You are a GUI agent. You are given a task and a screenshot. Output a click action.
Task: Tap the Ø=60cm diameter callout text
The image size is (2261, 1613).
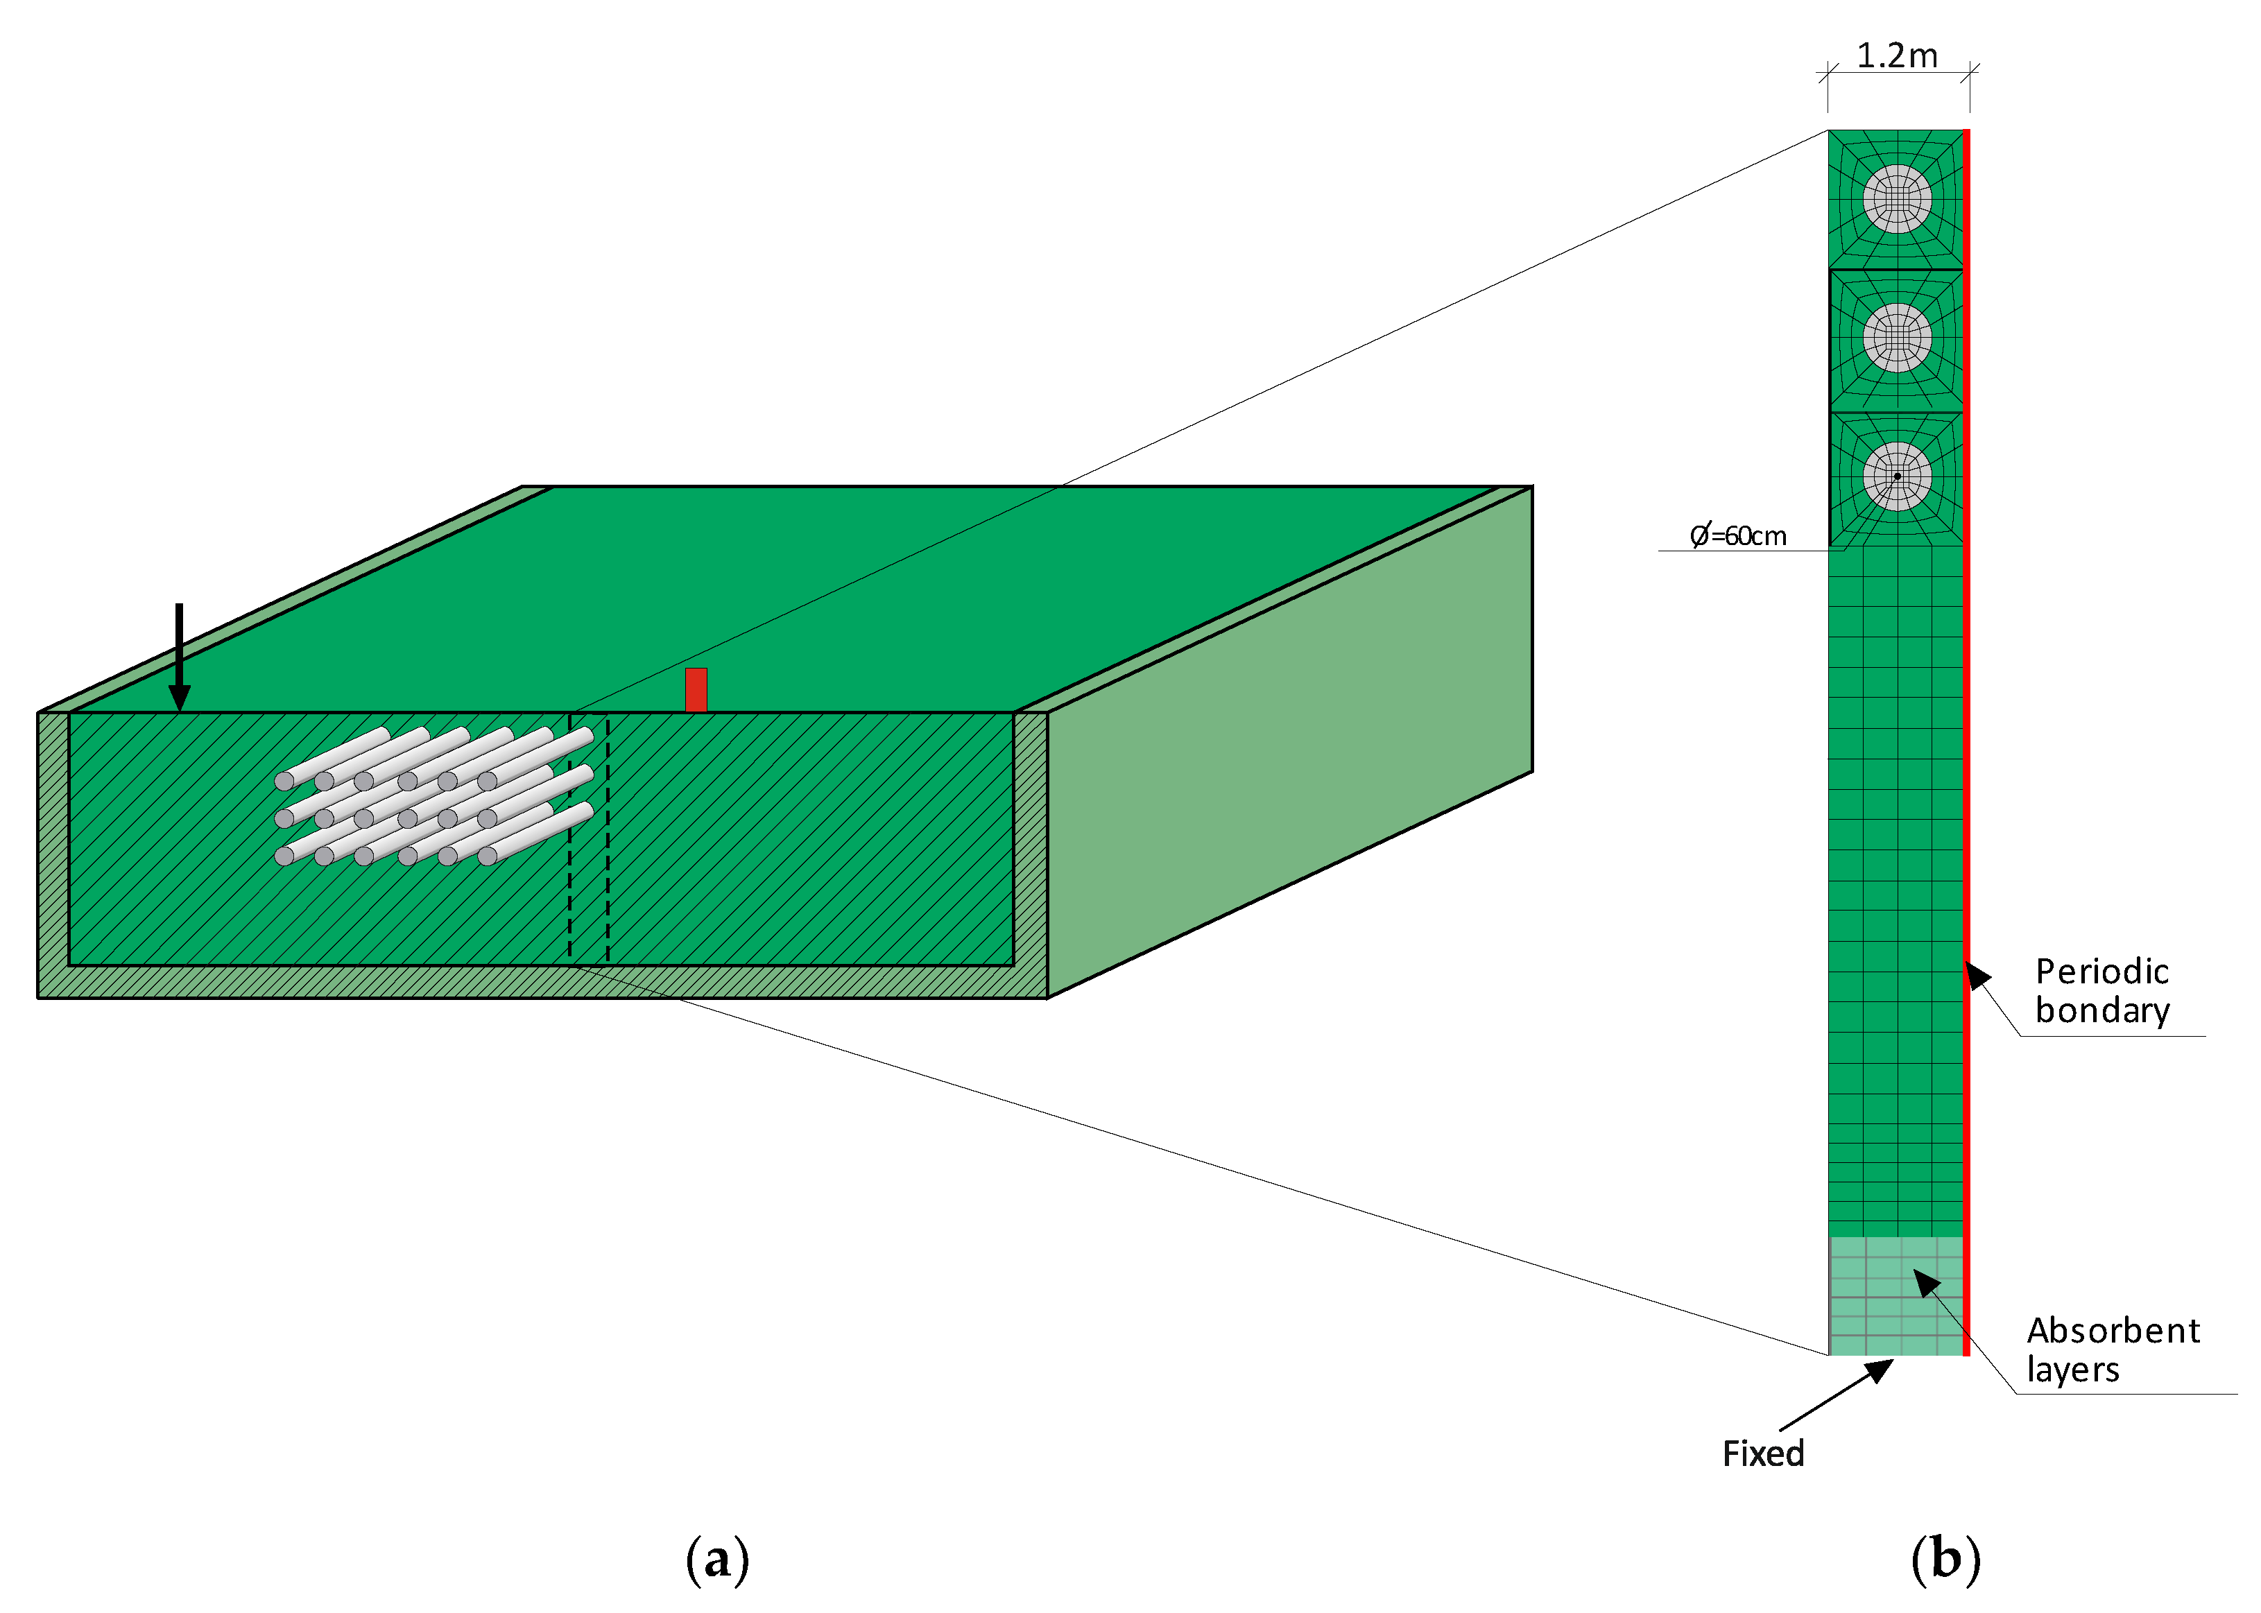point(1739,536)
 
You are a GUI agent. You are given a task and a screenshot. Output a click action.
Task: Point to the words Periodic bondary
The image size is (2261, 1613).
point(2102,990)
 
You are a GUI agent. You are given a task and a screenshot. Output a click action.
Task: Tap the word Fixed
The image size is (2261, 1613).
point(1763,1453)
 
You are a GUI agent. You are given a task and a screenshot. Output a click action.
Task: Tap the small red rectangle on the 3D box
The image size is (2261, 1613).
point(696,689)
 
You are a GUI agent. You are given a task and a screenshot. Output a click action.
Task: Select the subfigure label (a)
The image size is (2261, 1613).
point(717,1560)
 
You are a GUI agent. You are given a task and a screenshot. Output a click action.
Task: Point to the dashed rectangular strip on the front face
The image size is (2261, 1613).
point(588,839)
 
